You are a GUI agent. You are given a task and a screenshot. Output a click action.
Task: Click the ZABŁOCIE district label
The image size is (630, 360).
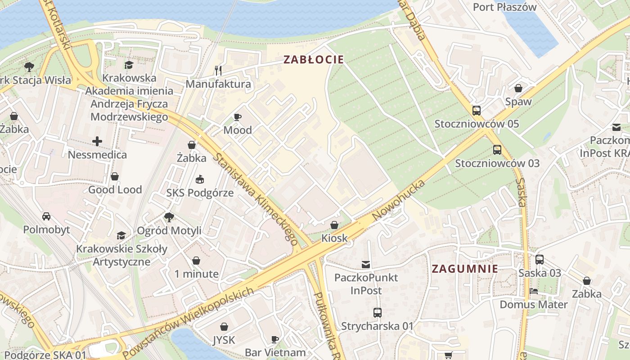point(314,59)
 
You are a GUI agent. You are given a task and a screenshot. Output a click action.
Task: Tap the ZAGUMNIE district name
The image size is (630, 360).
point(465,269)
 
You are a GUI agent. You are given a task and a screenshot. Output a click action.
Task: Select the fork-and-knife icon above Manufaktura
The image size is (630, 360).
point(218,70)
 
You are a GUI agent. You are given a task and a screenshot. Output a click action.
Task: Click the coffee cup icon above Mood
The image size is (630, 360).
point(238,117)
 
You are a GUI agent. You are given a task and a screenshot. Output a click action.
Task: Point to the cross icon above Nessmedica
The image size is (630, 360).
point(97,142)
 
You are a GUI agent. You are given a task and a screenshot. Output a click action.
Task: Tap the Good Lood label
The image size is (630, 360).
point(115,189)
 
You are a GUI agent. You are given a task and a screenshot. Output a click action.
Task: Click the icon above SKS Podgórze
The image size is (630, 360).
point(200,180)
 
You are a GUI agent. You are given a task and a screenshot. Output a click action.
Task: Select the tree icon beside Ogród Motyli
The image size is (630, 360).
point(169,217)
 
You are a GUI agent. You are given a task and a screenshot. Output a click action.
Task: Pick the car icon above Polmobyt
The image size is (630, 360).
point(46,216)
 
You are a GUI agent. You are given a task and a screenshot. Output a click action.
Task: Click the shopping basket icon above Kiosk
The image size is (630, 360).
point(334,225)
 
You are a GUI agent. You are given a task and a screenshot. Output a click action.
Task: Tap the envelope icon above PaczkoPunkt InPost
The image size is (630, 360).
point(366,265)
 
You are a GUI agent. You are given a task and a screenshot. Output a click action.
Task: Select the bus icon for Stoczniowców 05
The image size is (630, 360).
point(477,111)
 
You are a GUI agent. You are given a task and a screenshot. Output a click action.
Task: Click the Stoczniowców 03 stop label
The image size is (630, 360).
point(497,163)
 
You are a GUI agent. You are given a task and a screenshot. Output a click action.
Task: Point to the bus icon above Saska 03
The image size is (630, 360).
point(540,260)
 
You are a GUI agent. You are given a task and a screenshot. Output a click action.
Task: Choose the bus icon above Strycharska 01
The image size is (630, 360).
point(377,313)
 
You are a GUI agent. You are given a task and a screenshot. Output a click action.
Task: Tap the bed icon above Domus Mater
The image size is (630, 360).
point(534,291)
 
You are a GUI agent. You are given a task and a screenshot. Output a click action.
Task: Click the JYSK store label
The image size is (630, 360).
point(224,340)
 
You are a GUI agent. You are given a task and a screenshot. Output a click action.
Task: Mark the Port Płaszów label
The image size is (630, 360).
point(504,7)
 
